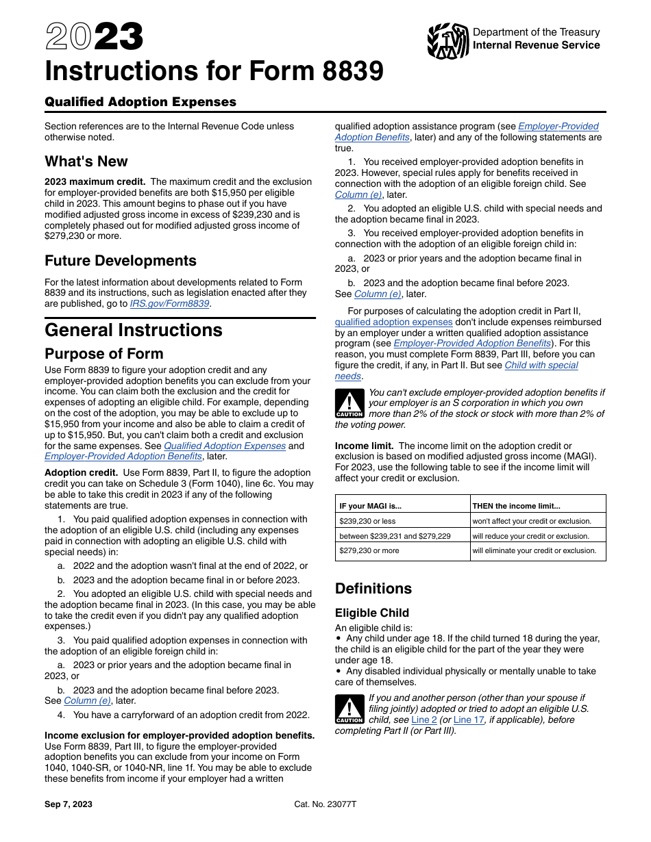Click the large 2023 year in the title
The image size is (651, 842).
95,37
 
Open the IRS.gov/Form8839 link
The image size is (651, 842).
170,303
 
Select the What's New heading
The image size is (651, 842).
86,162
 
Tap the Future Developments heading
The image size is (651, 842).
121,261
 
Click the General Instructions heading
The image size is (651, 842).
134,330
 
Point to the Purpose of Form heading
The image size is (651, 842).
104,354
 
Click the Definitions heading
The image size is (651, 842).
373,589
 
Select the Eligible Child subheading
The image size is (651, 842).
372,613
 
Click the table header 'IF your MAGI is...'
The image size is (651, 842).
371,506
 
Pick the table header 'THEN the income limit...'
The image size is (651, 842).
516,506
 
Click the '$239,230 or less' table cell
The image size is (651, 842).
367,521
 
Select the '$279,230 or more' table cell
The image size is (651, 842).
369,550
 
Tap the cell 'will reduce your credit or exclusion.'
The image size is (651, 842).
530,536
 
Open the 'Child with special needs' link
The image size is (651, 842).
541,365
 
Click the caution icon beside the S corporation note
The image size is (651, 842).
349,403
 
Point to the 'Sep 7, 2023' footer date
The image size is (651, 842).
69,804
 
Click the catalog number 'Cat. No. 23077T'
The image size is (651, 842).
325,804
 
